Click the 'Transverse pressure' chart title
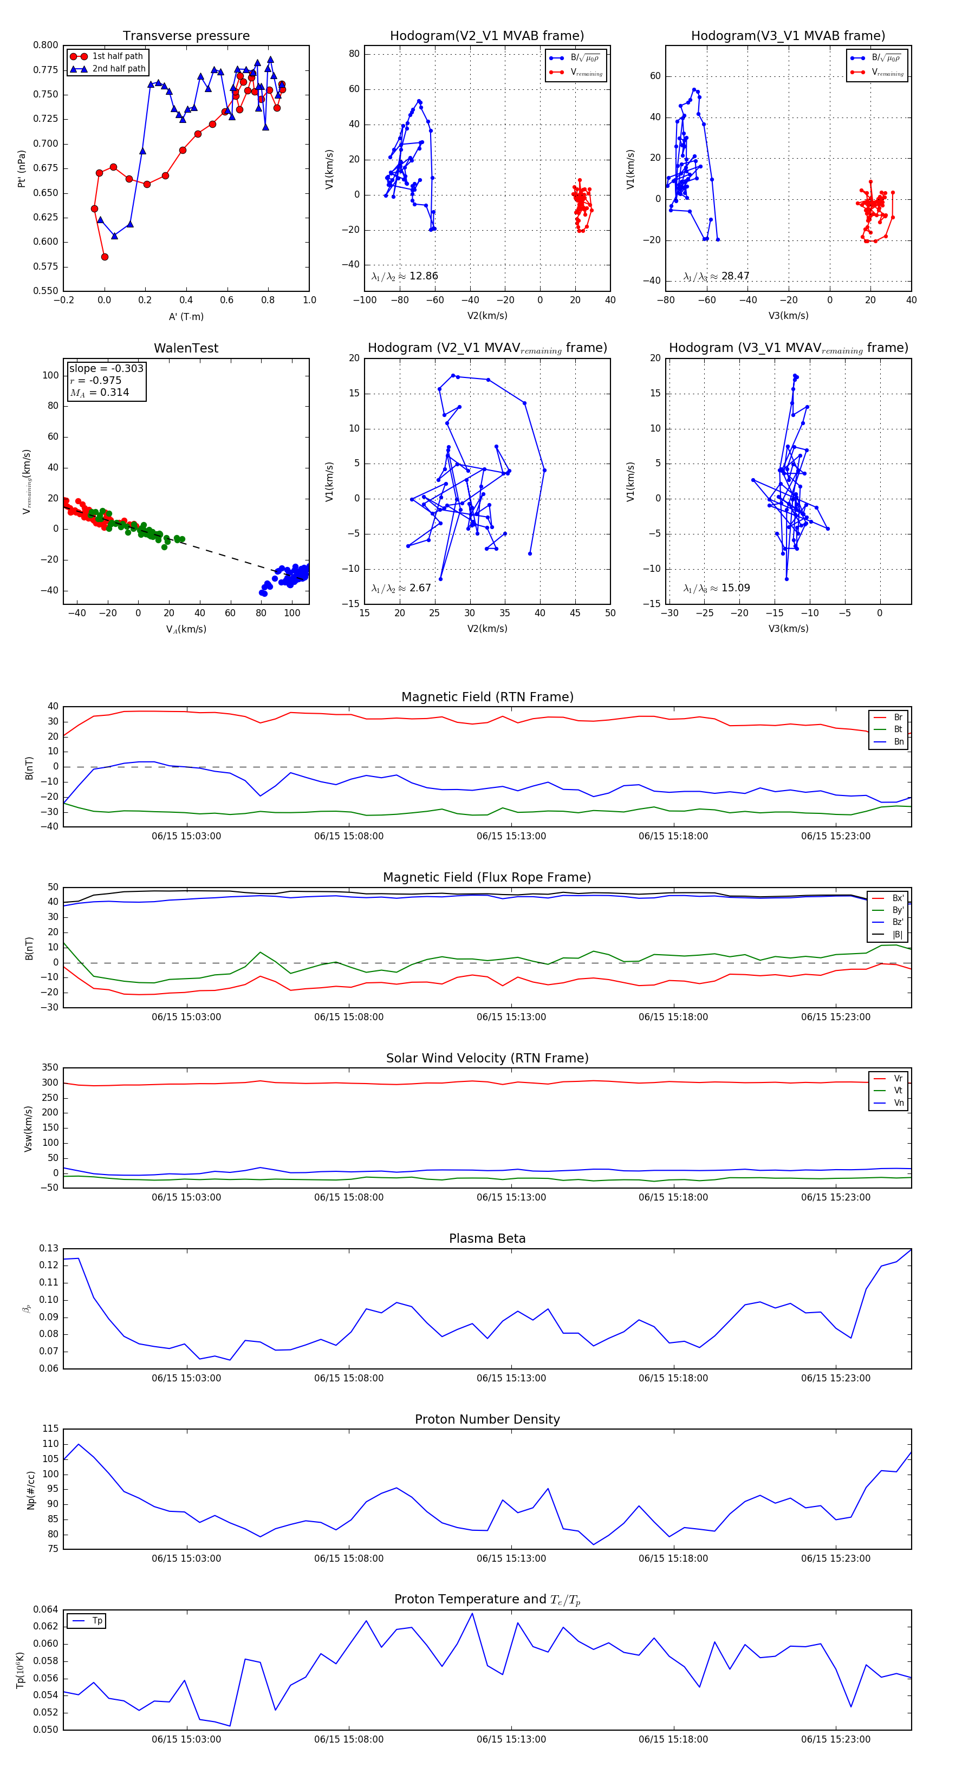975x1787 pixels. tap(186, 36)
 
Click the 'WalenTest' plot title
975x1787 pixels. tap(186, 348)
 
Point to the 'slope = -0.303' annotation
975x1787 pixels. tap(106, 368)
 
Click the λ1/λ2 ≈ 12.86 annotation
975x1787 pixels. tap(405, 276)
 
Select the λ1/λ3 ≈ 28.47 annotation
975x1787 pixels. tap(716, 276)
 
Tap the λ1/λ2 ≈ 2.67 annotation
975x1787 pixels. tap(401, 588)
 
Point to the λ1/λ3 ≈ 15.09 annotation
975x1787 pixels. tap(716, 588)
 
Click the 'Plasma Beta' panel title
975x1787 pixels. tap(487, 1239)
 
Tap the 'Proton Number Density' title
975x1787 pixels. tap(487, 1419)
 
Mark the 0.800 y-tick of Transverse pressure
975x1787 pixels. tap(46, 45)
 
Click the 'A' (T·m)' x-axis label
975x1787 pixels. tap(186, 317)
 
